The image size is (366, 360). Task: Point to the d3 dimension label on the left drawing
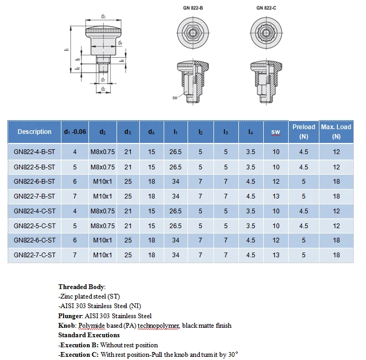point(103,16)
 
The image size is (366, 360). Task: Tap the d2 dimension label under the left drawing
point(103,89)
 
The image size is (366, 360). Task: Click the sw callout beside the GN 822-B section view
point(175,98)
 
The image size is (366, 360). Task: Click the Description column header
point(34,132)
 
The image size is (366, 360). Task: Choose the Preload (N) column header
point(303,132)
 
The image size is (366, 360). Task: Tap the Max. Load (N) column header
point(336,132)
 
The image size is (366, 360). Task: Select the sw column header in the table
point(276,132)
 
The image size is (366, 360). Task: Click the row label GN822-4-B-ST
point(34,152)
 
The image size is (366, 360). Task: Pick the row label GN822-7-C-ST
point(34,255)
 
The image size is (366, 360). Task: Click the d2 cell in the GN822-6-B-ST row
point(103,182)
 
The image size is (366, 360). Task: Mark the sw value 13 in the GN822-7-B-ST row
point(276,196)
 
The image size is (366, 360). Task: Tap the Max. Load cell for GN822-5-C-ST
point(336,226)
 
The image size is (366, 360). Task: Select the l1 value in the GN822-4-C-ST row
point(175,211)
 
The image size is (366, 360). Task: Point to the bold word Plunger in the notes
point(70,316)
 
